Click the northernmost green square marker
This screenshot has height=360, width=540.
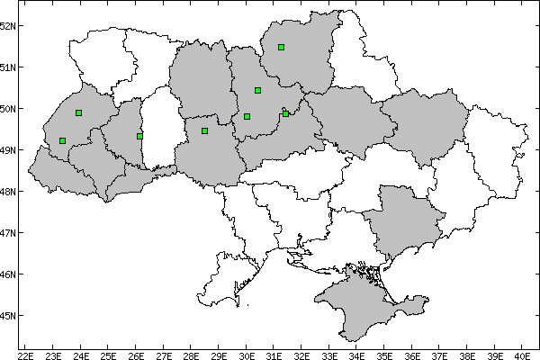(x=282, y=47)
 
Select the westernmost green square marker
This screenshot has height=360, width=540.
(x=62, y=140)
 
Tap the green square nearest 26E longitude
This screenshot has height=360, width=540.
(x=139, y=136)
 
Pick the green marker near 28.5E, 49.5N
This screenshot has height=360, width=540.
(x=205, y=130)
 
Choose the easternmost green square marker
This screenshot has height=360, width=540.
(x=285, y=113)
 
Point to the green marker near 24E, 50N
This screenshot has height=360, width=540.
(x=79, y=112)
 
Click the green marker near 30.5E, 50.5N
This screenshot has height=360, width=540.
(x=257, y=90)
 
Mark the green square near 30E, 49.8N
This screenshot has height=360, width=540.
(x=247, y=116)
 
